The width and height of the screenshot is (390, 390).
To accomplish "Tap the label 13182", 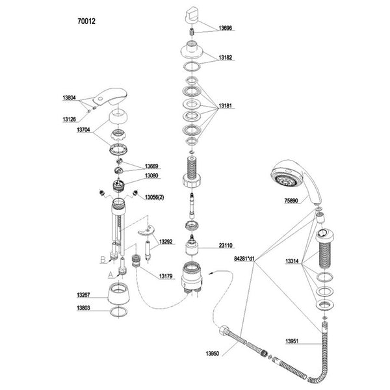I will click(x=226, y=58).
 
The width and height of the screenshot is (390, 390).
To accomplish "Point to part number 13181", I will click(x=226, y=105).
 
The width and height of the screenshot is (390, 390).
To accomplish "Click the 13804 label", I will click(x=69, y=97).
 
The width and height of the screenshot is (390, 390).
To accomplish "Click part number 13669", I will click(x=153, y=166).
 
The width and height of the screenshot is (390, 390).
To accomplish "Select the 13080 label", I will click(x=153, y=175).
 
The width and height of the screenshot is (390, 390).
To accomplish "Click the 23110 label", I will click(x=226, y=246).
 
